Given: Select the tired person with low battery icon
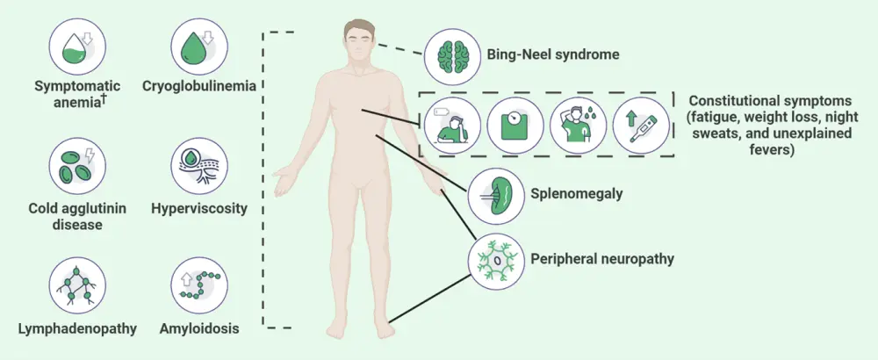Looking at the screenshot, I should point(450,124).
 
